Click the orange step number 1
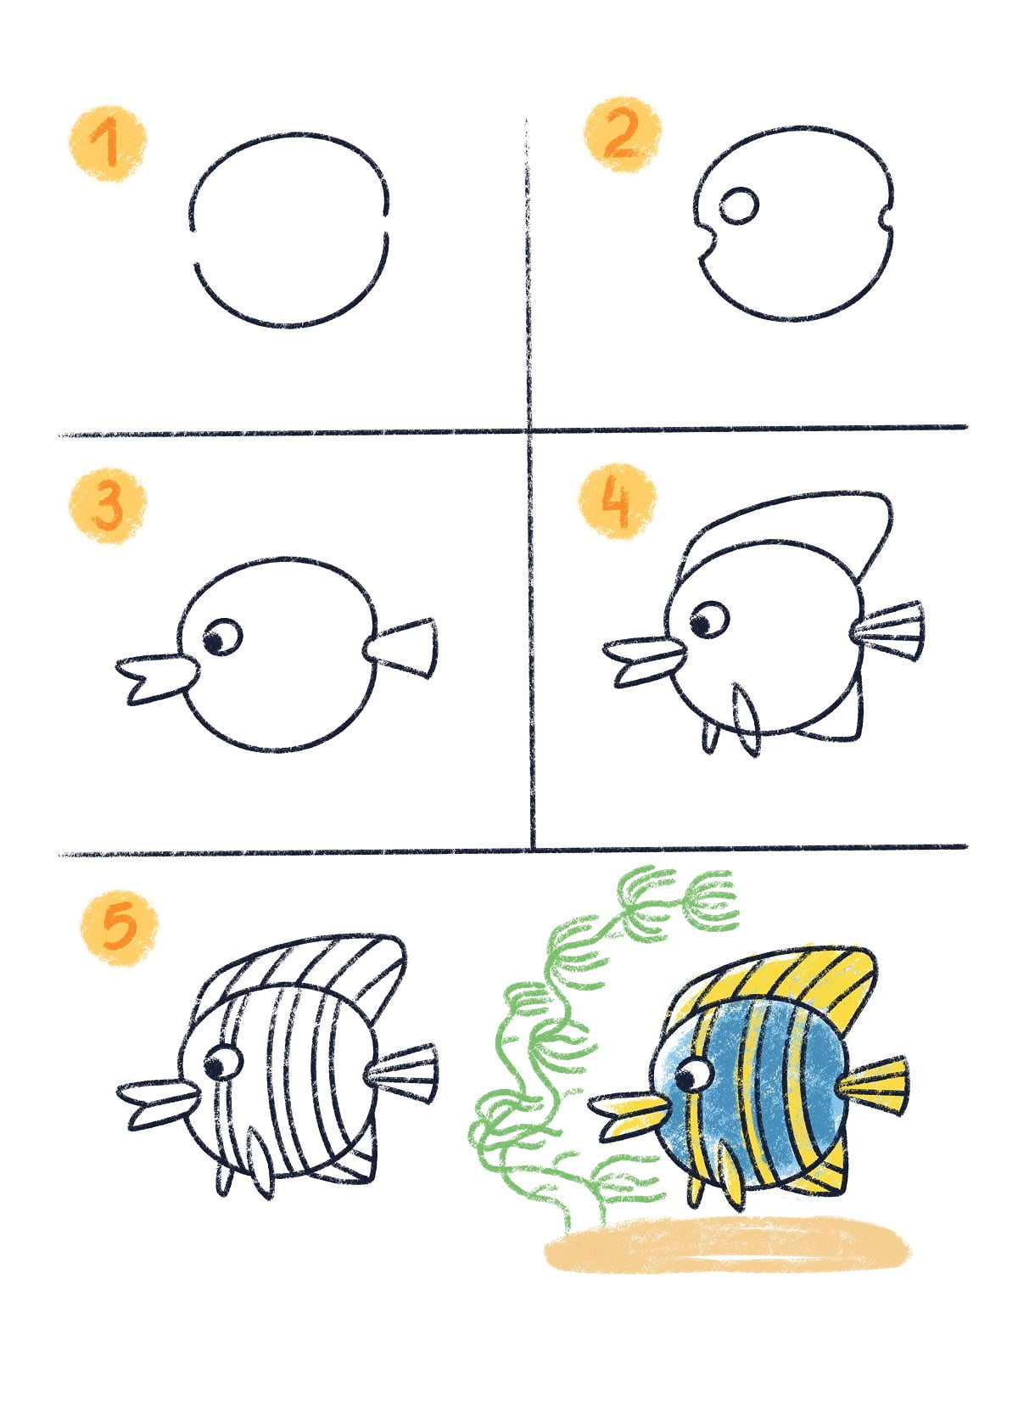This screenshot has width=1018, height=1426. (107, 143)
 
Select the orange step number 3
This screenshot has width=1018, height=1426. (108, 506)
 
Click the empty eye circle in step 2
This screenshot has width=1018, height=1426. (739, 206)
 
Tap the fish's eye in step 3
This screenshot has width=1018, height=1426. (221, 637)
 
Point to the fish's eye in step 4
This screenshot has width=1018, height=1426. (708, 622)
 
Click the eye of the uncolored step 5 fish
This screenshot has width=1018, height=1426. (222, 1061)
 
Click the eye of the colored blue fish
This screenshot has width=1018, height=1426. (694, 1075)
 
